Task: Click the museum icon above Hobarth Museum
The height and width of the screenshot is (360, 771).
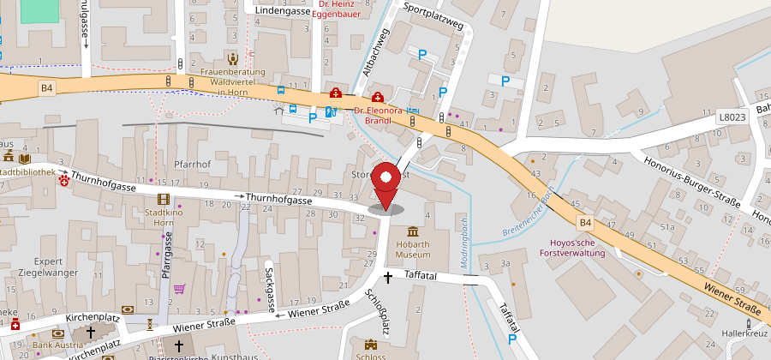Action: pyautogui.click(x=414, y=232)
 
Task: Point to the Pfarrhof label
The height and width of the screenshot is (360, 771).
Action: pyautogui.click(x=193, y=163)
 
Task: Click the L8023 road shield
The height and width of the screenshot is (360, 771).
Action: pyautogui.click(x=733, y=116)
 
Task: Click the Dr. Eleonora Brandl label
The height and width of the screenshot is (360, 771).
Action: pyautogui.click(x=378, y=115)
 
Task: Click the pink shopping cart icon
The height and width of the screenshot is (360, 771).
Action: pyautogui.click(x=179, y=289)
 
